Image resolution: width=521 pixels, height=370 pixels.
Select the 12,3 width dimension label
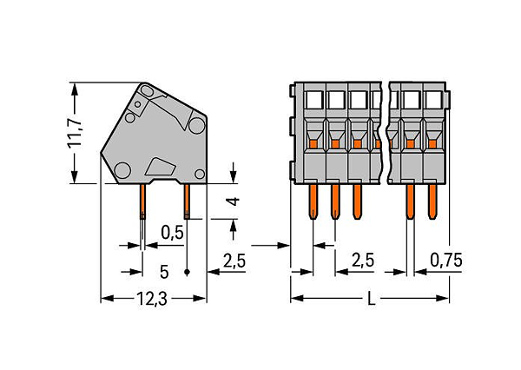[152, 299]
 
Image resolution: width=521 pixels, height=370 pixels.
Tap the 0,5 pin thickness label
[172, 233]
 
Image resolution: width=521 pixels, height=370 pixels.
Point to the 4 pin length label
[234, 202]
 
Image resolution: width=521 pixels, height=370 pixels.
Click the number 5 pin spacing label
[164, 272]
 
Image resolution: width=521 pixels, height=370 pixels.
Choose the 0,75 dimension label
[446, 260]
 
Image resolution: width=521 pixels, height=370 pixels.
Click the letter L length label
[371, 299]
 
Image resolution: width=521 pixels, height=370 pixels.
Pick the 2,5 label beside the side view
[234, 261]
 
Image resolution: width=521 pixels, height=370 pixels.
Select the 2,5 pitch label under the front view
[363, 260]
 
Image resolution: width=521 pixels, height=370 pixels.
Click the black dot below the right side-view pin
[187, 272]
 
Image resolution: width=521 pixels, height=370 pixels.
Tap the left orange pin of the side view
[142, 202]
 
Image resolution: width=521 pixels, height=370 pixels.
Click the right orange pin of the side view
[187, 202]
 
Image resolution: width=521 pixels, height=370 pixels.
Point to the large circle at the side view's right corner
[197, 126]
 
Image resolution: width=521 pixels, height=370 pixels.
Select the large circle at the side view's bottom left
[122, 170]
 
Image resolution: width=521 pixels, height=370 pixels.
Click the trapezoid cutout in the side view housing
[161, 167]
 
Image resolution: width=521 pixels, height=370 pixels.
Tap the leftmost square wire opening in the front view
[314, 100]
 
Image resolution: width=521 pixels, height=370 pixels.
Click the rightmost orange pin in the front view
[432, 202]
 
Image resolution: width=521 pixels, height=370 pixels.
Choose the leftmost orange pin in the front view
[313, 202]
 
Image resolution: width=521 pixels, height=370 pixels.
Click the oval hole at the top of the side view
[147, 90]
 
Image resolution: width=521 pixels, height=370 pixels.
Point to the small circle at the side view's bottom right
[200, 174]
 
